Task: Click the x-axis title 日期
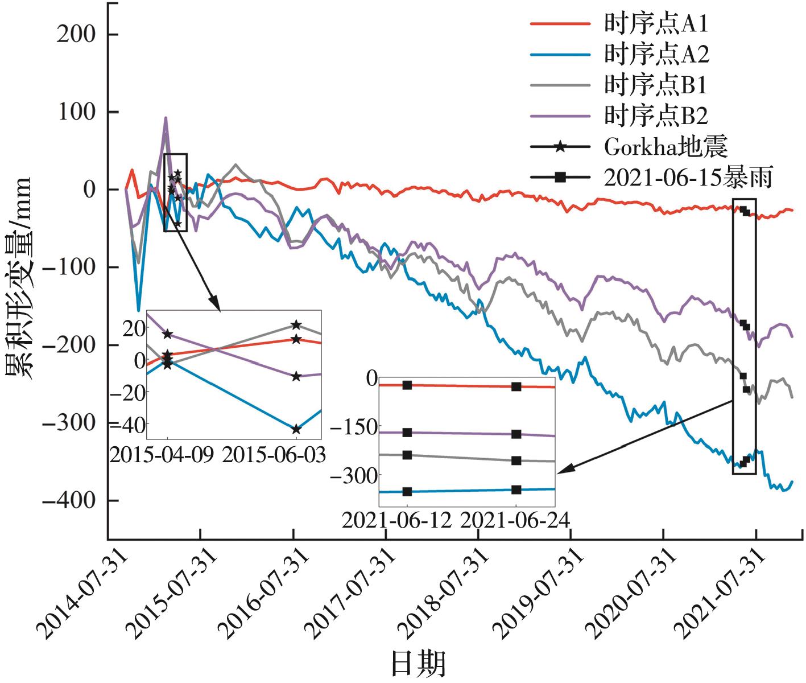click(x=418, y=663)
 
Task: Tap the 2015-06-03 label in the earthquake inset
click(x=274, y=455)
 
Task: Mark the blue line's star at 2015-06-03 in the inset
click(x=296, y=429)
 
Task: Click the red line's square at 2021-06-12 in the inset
click(x=407, y=385)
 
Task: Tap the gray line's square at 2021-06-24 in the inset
click(x=516, y=460)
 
